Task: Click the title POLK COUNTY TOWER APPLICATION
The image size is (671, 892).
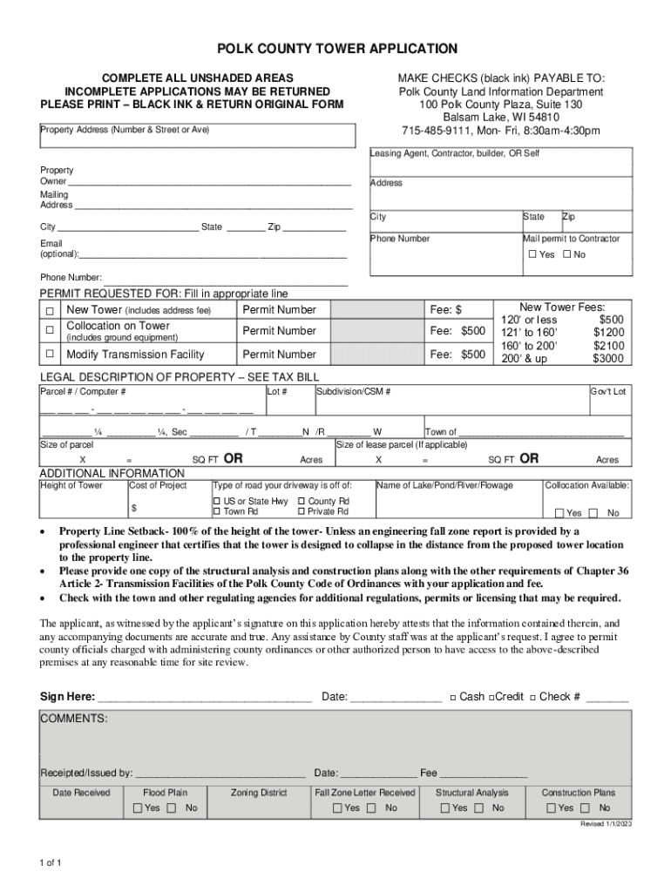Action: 335,49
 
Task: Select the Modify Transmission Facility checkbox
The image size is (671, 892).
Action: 51,354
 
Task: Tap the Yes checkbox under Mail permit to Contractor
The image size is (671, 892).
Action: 532,254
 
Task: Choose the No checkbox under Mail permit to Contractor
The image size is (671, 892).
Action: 566,254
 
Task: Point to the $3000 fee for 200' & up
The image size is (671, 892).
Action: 608,358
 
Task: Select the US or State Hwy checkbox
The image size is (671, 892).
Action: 217,502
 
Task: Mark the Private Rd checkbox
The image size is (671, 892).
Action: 301,512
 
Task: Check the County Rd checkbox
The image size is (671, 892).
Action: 301,502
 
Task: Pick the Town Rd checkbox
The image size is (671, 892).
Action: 217,512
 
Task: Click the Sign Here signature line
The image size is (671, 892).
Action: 204,698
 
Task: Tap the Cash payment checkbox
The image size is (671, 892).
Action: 452,697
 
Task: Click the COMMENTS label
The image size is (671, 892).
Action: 74,719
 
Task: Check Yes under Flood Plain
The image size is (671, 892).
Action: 137,808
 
